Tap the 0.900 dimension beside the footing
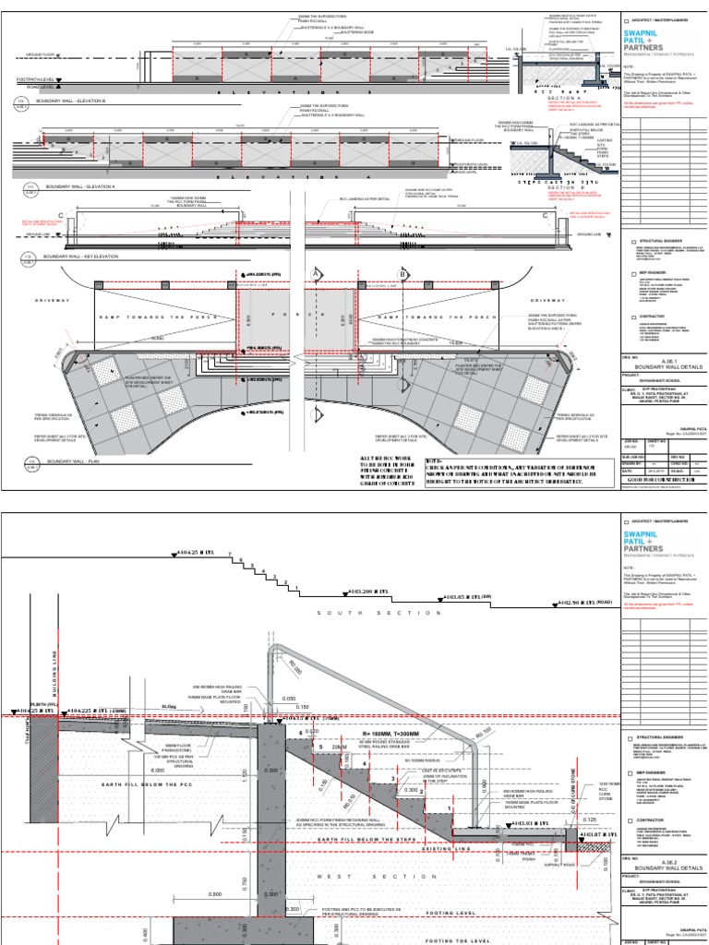click(x=215, y=894)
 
